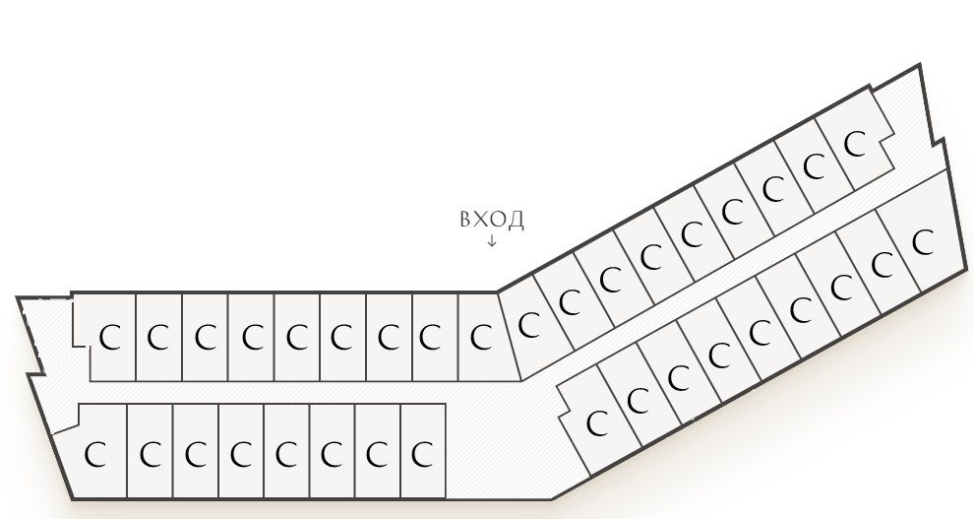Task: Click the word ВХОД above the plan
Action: point(492,220)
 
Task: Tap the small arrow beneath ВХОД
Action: point(492,240)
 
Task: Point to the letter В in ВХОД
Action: point(466,220)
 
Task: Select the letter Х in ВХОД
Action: point(480,220)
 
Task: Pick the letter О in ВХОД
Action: point(498,220)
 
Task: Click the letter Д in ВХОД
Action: point(516,221)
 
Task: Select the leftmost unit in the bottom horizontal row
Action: point(91,451)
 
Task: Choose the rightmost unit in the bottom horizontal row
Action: point(423,451)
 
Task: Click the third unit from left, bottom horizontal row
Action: point(196,451)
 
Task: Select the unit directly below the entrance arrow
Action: point(482,337)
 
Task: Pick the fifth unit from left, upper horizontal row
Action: point(297,337)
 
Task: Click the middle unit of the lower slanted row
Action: point(760,333)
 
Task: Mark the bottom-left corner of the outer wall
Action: point(72,498)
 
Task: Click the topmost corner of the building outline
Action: point(919,65)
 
